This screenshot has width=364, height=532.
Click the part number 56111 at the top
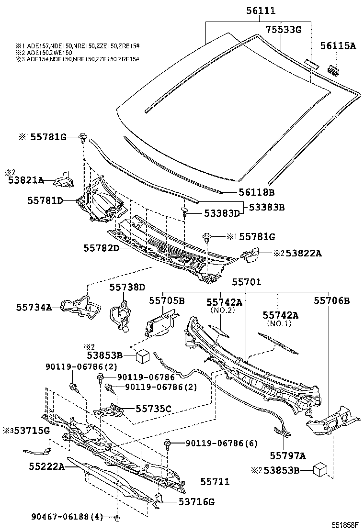pos(261,11)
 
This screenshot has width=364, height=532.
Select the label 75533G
pos(283,30)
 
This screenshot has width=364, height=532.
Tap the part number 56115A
pos(338,46)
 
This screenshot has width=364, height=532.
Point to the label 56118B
pos(257,192)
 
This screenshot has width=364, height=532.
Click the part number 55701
pos(246,282)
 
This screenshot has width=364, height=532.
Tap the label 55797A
pos(287,455)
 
